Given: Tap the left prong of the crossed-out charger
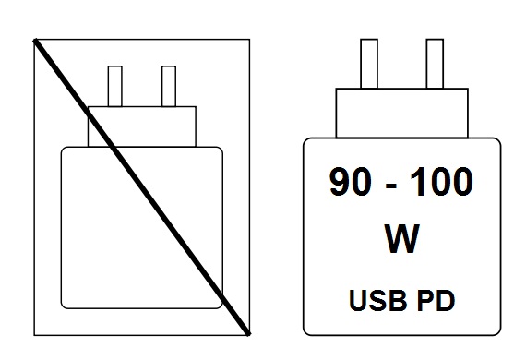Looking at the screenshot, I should point(115,86).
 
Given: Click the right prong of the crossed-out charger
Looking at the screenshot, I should point(168,86).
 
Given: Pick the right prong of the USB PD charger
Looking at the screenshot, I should point(434,64).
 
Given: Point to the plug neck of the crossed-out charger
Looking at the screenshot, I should point(141,126).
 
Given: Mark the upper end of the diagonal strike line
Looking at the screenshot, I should point(37,41).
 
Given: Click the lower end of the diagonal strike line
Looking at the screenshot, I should point(247,330).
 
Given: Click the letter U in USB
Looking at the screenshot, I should point(358,300).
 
